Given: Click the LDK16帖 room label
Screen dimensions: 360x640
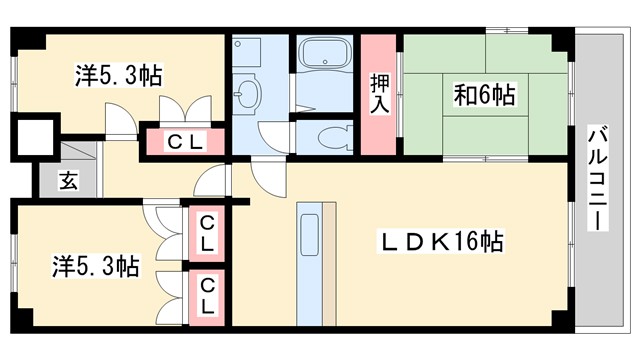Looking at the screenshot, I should pos(440,241).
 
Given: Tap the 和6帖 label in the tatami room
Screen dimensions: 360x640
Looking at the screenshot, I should pos(485,96).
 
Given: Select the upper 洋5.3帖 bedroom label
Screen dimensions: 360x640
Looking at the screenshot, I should pos(119,74).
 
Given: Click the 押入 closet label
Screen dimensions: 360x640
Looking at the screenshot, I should pos(380,94).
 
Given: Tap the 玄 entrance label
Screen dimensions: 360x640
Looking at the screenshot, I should pos(67,181).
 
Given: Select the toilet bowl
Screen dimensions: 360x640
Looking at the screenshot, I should pos(331,136).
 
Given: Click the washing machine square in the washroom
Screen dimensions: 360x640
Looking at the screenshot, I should pos(246,53).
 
